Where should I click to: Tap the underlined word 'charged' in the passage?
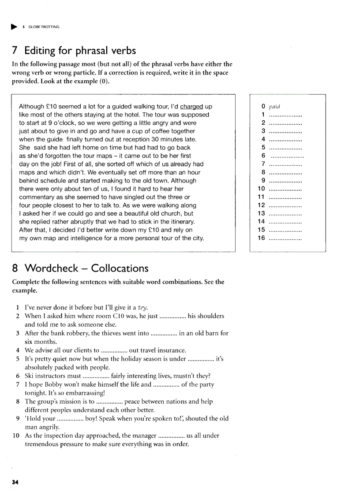tap(192, 106)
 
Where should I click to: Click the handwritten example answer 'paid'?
tap(275, 106)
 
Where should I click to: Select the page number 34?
tap(15, 482)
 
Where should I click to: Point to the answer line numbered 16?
tap(285, 238)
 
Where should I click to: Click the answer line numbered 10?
tap(285, 189)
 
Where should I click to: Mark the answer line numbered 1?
tap(285, 115)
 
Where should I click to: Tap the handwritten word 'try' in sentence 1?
tap(143, 308)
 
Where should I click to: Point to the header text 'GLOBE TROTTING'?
tap(44, 27)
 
